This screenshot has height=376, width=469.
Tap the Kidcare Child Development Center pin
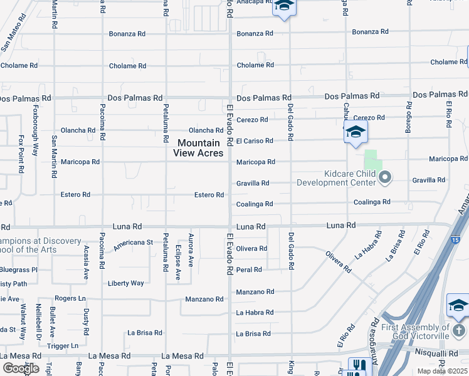point(386,178)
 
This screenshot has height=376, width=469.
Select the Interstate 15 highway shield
point(455,240)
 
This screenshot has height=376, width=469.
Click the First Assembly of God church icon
point(458,330)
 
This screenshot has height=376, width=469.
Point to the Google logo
point(20,368)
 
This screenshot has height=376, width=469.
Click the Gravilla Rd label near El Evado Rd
point(253,183)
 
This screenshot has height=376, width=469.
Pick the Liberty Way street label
point(126,283)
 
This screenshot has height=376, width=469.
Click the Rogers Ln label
point(70,298)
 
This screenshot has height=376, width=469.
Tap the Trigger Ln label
point(61,345)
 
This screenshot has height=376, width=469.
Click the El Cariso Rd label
point(255,141)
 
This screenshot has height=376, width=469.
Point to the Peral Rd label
point(249,269)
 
